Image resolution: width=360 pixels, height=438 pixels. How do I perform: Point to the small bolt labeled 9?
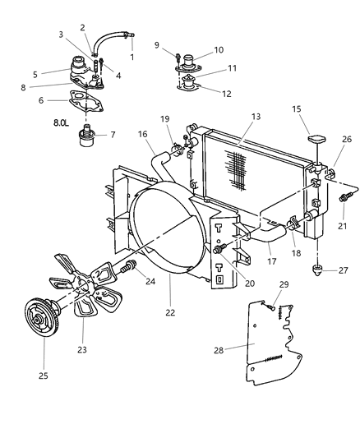(178, 55)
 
